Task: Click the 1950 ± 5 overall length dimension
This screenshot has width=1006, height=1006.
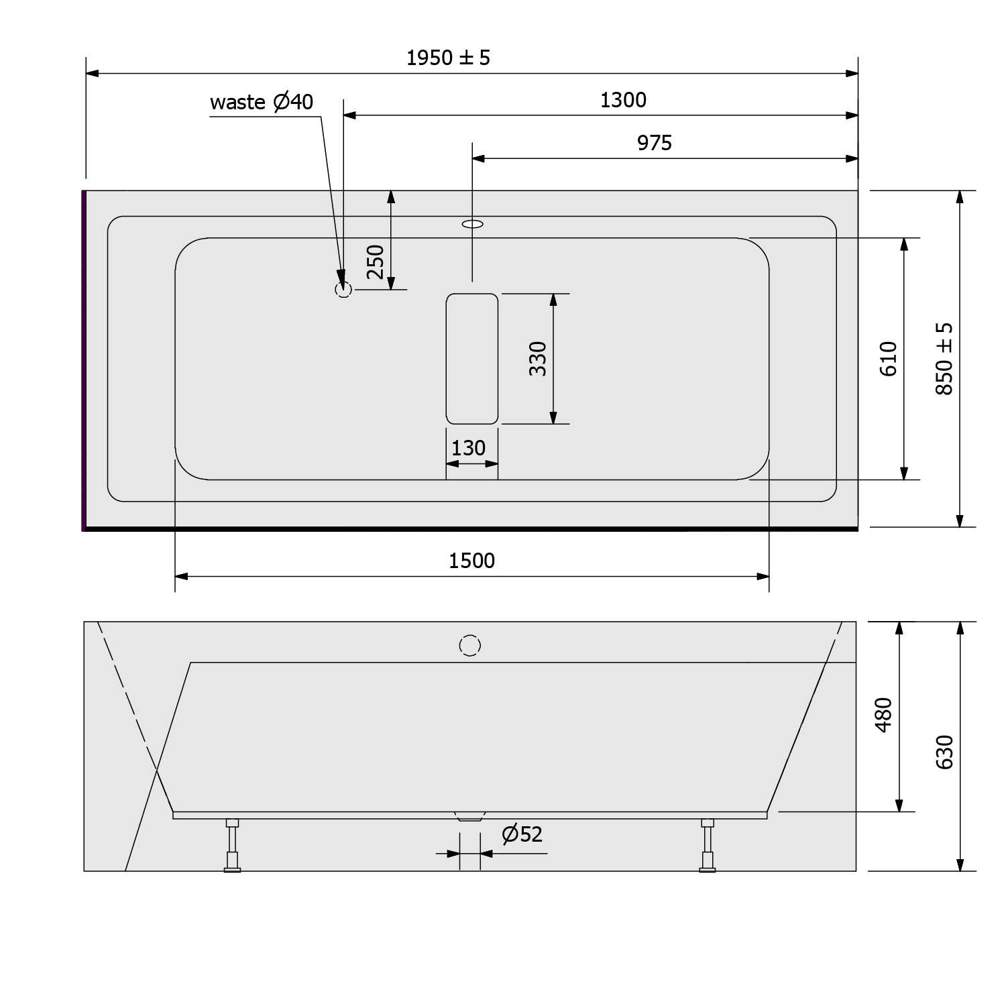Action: [x=448, y=58]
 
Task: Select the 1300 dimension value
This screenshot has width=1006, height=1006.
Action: [x=623, y=101]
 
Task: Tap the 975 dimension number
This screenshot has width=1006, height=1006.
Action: [x=654, y=144]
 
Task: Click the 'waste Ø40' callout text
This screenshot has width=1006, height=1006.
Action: [x=262, y=103]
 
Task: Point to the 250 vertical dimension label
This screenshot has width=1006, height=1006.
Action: [x=376, y=262]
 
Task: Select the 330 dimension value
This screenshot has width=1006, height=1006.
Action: [x=538, y=358]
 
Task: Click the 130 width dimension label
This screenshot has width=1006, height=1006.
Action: [x=468, y=448]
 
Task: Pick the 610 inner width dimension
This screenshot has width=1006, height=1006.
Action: [x=888, y=359]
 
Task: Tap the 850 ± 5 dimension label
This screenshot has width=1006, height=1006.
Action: [x=944, y=359]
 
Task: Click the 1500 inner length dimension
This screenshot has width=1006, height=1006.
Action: [x=471, y=561]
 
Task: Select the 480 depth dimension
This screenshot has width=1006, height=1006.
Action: [x=884, y=715]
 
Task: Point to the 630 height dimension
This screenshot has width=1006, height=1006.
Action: [x=944, y=752]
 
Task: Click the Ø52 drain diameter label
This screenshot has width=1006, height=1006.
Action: [x=522, y=834]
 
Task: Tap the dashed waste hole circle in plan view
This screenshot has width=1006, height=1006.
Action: [x=343, y=290]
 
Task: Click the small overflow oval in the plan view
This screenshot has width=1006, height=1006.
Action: [x=472, y=224]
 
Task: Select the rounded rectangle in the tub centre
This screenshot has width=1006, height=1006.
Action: [x=472, y=359]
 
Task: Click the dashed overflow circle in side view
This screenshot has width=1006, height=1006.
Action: [x=470, y=645]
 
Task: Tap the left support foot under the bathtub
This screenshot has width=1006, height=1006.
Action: [x=232, y=845]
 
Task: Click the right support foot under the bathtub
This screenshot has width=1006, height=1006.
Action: [x=708, y=845]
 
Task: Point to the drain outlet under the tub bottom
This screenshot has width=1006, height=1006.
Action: [x=469, y=816]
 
